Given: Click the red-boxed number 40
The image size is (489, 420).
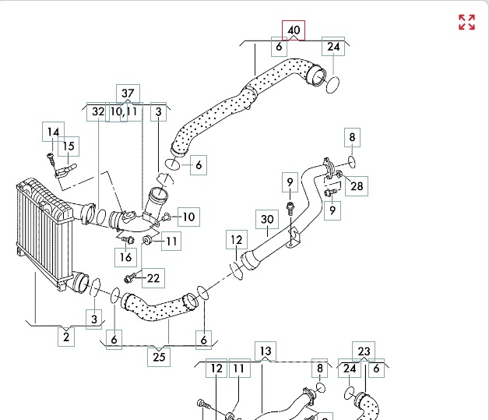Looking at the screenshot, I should click(x=294, y=30).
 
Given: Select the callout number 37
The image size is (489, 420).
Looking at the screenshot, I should click(x=128, y=94).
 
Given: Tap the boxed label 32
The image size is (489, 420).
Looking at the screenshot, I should click(x=97, y=112).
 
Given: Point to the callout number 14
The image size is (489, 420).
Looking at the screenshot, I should click(x=53, y=132).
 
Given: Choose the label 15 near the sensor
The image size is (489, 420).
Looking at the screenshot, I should click(x=69, y=146).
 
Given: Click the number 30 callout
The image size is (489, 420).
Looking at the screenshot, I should click(x=267, y=220).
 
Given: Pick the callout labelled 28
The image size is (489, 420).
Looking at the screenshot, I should click(x=357, y=185).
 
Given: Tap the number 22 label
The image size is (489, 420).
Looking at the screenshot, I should click(x=153, y=277).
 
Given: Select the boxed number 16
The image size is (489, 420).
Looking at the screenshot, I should click(x=127, y=257).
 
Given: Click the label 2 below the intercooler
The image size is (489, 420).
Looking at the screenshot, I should click(x=66, y=337).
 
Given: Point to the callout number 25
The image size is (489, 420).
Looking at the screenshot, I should click(x=160, y=358).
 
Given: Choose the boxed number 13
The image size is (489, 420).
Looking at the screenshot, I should click(x=266, y=351).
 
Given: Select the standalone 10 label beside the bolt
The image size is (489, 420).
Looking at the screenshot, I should click(x=189, y=216).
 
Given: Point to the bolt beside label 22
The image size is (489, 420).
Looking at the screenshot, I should click(x=130, y=277).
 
